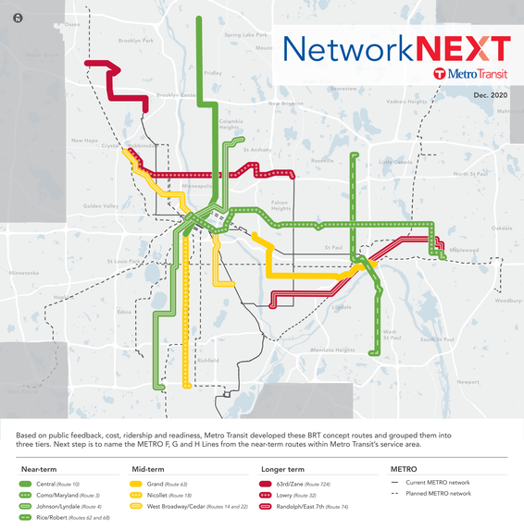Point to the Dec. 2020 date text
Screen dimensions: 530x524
point(491,95)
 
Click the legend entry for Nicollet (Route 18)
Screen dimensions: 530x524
point(166,494)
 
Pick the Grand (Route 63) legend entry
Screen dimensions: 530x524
point(162,483)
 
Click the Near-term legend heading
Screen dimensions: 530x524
point(40,469)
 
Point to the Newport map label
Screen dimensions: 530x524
point(468,380)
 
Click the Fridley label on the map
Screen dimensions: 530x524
point(213,72)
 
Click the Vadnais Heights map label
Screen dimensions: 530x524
point(405,101)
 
